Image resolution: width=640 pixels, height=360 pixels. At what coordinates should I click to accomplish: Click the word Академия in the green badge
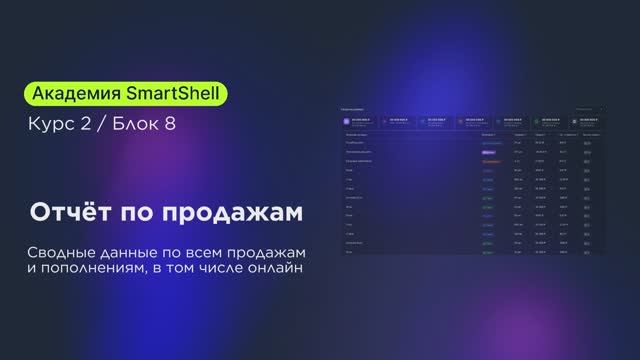(77, 94)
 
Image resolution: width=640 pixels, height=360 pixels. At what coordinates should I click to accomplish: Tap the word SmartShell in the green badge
(176, 94)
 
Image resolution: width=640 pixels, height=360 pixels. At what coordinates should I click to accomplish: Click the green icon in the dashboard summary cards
(537, 120)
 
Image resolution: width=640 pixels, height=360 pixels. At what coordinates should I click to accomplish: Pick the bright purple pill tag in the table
(489, 151)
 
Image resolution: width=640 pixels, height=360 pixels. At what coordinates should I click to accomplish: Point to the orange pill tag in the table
(490, 160)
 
